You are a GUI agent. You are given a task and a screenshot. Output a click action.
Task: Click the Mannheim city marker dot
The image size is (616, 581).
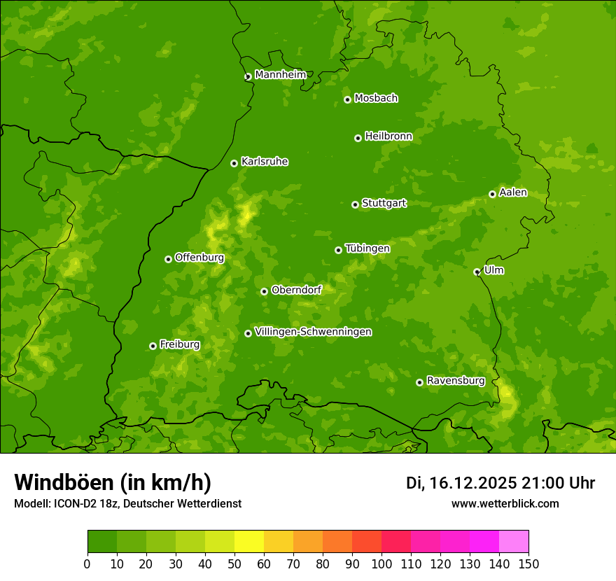point(248,77)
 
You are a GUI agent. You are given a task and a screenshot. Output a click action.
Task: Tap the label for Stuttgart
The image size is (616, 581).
point(384,203)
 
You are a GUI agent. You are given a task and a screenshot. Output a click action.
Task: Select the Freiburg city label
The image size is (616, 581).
point(179,344)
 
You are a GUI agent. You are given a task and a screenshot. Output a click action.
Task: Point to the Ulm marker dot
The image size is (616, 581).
point(477,272)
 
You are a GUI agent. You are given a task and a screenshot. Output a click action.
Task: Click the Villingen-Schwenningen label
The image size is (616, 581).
point(313,332)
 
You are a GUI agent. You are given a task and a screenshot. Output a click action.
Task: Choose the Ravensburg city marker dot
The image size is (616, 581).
point(420,382)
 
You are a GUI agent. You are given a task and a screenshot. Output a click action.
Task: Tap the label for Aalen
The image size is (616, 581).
point(513,192)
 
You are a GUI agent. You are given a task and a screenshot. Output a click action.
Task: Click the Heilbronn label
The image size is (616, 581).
point(388,136)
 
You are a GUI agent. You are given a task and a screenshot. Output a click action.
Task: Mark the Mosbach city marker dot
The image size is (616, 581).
point(347,99)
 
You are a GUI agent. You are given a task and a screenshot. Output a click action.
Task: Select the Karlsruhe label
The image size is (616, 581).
point(264,162)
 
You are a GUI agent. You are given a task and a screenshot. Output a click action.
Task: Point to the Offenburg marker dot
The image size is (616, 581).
point(168,259)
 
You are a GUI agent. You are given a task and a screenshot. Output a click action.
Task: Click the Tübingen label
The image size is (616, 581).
point(367,248)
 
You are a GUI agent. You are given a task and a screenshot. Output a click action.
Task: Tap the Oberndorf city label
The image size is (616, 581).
point(296,290)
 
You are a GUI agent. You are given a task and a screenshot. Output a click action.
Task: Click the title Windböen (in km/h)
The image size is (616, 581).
point(113,482)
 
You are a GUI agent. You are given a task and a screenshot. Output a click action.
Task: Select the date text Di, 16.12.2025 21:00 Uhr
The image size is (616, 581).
point(500,483)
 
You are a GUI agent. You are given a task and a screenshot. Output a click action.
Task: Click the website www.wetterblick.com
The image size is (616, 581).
point(505,503)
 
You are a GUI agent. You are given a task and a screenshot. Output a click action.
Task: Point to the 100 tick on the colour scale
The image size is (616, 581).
point(381,563)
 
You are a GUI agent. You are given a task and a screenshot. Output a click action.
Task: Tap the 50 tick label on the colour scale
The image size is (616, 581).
point(234,563)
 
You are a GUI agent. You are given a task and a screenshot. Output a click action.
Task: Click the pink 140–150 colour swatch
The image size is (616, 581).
point(514,542)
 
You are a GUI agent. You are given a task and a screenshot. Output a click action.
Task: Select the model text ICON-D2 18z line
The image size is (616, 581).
point(127,503)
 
